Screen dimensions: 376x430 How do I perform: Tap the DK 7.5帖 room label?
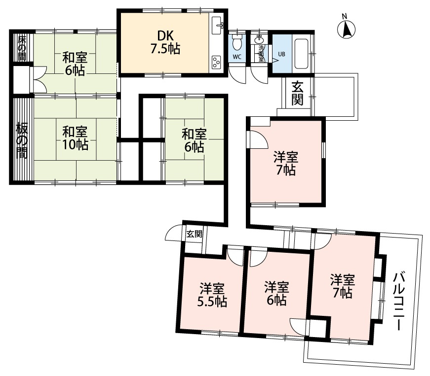165,42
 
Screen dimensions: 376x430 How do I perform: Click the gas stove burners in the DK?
217,62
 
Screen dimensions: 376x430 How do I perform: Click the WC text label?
237,57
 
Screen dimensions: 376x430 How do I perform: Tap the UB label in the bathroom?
282,54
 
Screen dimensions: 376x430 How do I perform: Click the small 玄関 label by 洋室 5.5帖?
194,234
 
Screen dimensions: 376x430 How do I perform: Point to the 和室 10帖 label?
75,138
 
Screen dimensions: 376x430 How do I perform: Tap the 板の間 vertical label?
21,139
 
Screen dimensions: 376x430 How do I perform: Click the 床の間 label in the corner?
21,48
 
